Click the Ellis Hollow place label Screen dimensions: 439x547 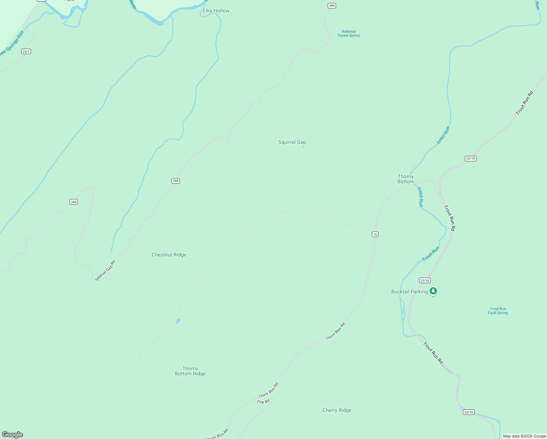click(216, 11)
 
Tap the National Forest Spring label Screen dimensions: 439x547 click(348, 34)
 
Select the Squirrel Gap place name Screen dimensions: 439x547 click(292, 142)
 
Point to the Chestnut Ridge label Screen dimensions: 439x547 click(169, 255)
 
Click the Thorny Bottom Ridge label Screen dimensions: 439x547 click(190, 371)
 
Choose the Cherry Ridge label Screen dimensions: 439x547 click(337, 410)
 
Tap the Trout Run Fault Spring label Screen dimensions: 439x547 click(498, 311)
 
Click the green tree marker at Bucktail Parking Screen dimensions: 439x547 click(433, 291)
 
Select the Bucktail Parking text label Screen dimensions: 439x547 click(409, 292)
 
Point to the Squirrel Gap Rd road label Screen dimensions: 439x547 click(105, 271)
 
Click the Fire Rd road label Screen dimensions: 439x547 click(263, 402)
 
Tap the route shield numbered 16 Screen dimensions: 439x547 click(375, 234)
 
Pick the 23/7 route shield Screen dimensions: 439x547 click(26, 52)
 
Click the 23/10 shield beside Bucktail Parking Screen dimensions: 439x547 click(425, 281)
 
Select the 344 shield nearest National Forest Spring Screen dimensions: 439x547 click(332, 5)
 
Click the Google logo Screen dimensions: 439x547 click(12, 435)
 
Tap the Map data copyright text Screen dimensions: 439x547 click(524, 436)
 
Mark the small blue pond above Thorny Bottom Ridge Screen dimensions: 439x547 click(178, 321)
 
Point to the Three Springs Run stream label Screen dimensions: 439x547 click(11, 44)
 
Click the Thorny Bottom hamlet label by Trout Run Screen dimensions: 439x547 click(405, 179)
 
